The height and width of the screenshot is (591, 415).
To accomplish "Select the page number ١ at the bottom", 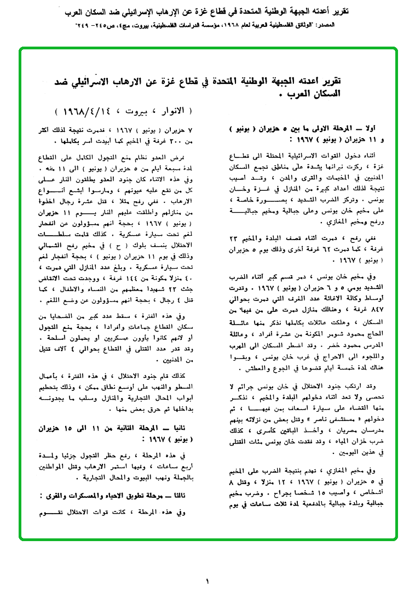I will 207,581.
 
